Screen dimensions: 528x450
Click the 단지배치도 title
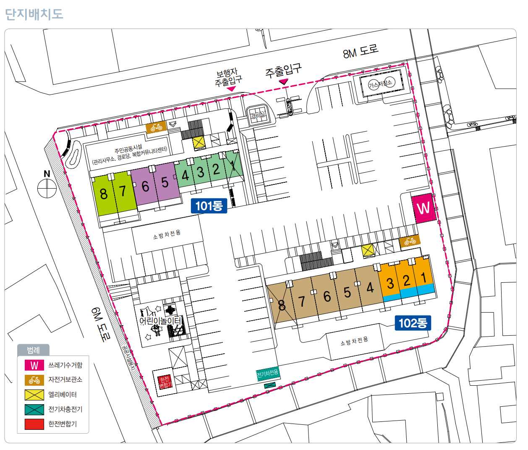click(x=34, y=14)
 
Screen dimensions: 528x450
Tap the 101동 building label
click(x=209, y=205)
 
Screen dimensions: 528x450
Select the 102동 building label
click(x=413, y=323)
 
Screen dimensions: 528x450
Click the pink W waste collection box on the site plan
click(x=423, y=208)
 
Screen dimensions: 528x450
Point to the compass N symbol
click(x=47, y=187)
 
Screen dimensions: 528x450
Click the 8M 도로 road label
click(x=361, y=51)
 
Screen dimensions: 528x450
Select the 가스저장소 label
click(x=380, y=84)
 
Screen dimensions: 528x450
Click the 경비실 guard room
click(x=258, y=115)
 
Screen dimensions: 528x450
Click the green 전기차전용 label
click(x=267, y=373)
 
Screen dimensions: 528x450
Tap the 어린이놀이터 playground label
click(x=161, y=321)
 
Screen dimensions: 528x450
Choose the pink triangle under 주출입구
click(x=284, y=81)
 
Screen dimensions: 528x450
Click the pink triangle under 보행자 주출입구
click(x=231, y=89)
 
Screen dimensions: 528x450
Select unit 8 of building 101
click(x=103, y=194)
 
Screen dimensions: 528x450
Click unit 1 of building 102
click(x=423, y=277)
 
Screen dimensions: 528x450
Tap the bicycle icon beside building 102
click(x=410, y=241)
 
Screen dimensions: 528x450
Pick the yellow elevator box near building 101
click(x=199, y=143)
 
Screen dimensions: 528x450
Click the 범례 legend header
click(x=33, y=350)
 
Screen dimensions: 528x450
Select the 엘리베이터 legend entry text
click(x=62, y=395)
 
